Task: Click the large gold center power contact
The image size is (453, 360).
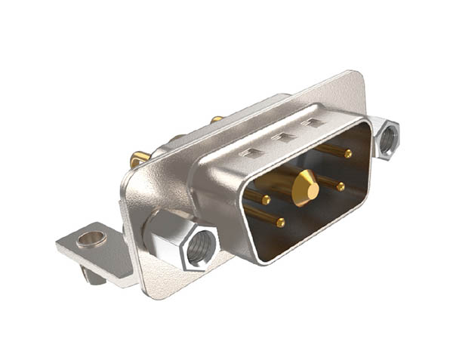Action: pyautogui.click(x=305, y=184)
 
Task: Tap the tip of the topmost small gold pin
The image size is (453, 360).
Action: pyautogui.click(x=347, y=154)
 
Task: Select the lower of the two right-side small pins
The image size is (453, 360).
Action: pyautogui.click(x=341, y=186)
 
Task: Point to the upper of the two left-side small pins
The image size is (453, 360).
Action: pyautogui.click(x=267, y=200)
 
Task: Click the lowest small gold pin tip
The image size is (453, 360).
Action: pyautogui.click(x=280, y=223)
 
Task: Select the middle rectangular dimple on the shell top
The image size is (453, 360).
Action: pyautogui.click(x=285, y=137)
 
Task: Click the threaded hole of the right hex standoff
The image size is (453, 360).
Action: pyautogui.click(x=389, y=139)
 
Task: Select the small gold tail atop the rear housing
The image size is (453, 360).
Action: pyautogui.click(x=217, y=119)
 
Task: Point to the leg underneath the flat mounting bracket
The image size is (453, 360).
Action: pyautogui.click(x=93, y=276)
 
